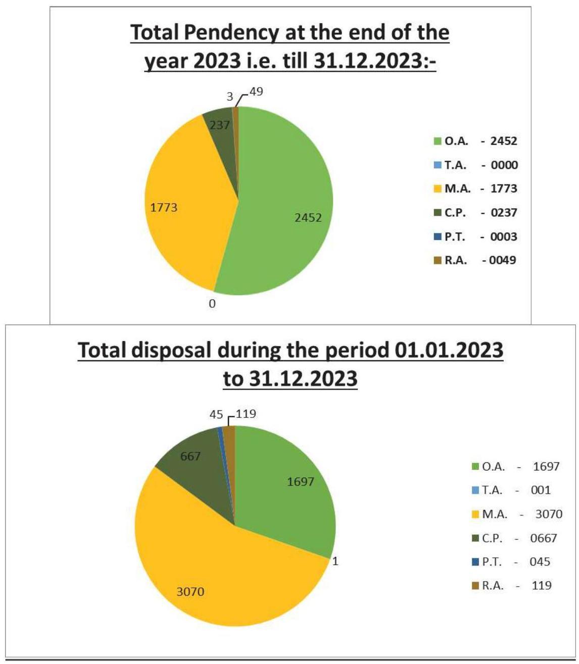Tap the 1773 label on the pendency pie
pyautogui.click(x=164, y=207)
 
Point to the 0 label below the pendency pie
pyautogui.click(x=213, y=304)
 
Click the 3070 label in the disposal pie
pyautogui.click(x=190, y=591)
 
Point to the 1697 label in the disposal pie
pyautogui.click(x=301, y=482)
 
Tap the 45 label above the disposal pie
pyautogui.click(x=217, y=414)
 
